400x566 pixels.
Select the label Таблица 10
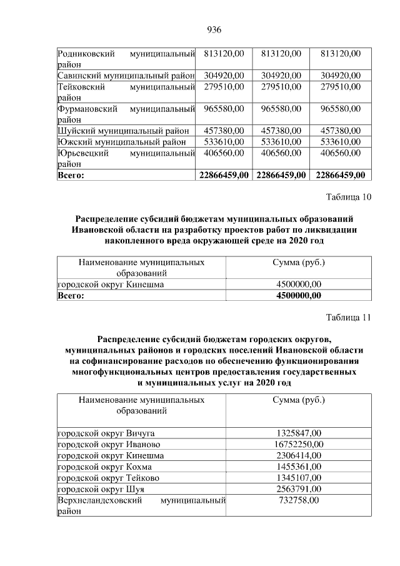(x=349, y=198)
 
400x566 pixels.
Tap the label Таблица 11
(x=349, y=317)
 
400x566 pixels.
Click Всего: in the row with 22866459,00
(x=71, y=175)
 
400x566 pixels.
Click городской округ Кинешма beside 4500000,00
(x=111, y=285)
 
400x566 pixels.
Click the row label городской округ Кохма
(x=104, y=467)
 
